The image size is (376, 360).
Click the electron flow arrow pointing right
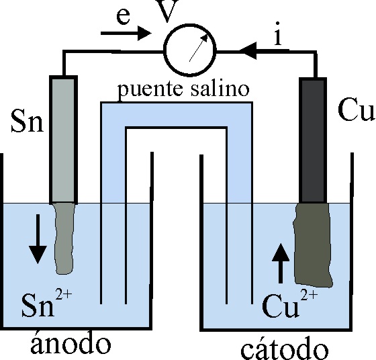[126, 33]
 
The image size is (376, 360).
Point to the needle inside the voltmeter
[199, 48]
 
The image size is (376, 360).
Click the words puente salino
[183, 90]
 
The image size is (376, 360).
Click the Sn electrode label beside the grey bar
[28, 121]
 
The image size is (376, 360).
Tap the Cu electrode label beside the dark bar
[356, 109]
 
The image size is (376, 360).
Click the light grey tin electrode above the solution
[63, 140]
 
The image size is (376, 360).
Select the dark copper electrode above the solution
[313, 140]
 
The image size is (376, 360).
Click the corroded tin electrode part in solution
[64, 239]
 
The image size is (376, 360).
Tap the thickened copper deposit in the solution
[313, 245]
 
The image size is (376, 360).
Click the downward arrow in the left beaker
[38, 239]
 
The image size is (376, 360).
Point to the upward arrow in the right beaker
[281, 263]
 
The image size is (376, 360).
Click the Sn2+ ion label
[47, 302]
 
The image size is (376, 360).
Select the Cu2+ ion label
[289, 302]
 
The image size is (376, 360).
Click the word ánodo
[71, 343]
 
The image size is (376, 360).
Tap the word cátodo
[285, 348]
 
